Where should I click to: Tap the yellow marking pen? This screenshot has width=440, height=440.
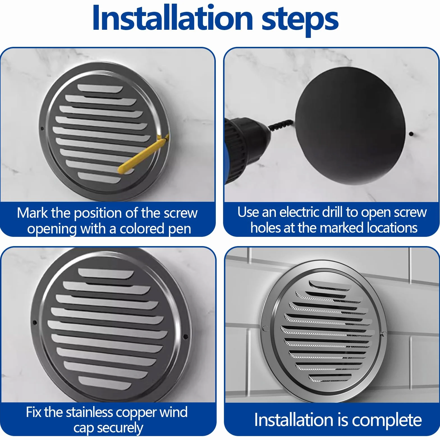coord(143,154)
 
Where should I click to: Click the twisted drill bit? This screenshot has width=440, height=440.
coord(281,125)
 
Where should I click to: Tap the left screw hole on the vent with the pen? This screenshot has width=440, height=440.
coord(42,129)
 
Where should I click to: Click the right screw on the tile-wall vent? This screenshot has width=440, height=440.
coord(384,334)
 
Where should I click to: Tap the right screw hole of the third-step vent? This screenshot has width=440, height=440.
coord(185,336)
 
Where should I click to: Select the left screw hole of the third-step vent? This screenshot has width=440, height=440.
coord(35,323)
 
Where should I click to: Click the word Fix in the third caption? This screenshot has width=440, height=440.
coord(34,412)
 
